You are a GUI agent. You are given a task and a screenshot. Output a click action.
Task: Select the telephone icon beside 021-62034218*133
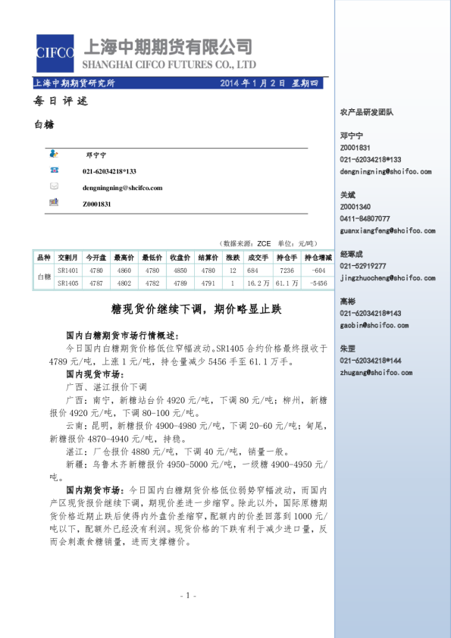point(55,171)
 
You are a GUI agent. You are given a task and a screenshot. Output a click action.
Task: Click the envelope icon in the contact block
point(55,186)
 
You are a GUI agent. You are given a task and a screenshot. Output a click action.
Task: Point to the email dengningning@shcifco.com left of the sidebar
point(123,187)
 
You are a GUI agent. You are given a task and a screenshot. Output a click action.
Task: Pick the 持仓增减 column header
point(318,258)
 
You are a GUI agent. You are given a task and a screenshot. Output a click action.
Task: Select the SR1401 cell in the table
point(68,271)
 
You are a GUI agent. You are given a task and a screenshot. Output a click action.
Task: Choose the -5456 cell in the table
point(318,283)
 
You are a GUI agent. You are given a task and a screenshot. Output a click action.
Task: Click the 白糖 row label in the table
point(44,277)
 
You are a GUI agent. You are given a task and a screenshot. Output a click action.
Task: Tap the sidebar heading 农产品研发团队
point(367,112)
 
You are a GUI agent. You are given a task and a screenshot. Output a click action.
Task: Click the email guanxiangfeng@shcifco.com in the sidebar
point(387,230)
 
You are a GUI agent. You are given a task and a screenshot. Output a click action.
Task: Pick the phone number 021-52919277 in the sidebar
point(363,266)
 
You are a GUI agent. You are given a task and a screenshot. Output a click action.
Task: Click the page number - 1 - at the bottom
point(189,596)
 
